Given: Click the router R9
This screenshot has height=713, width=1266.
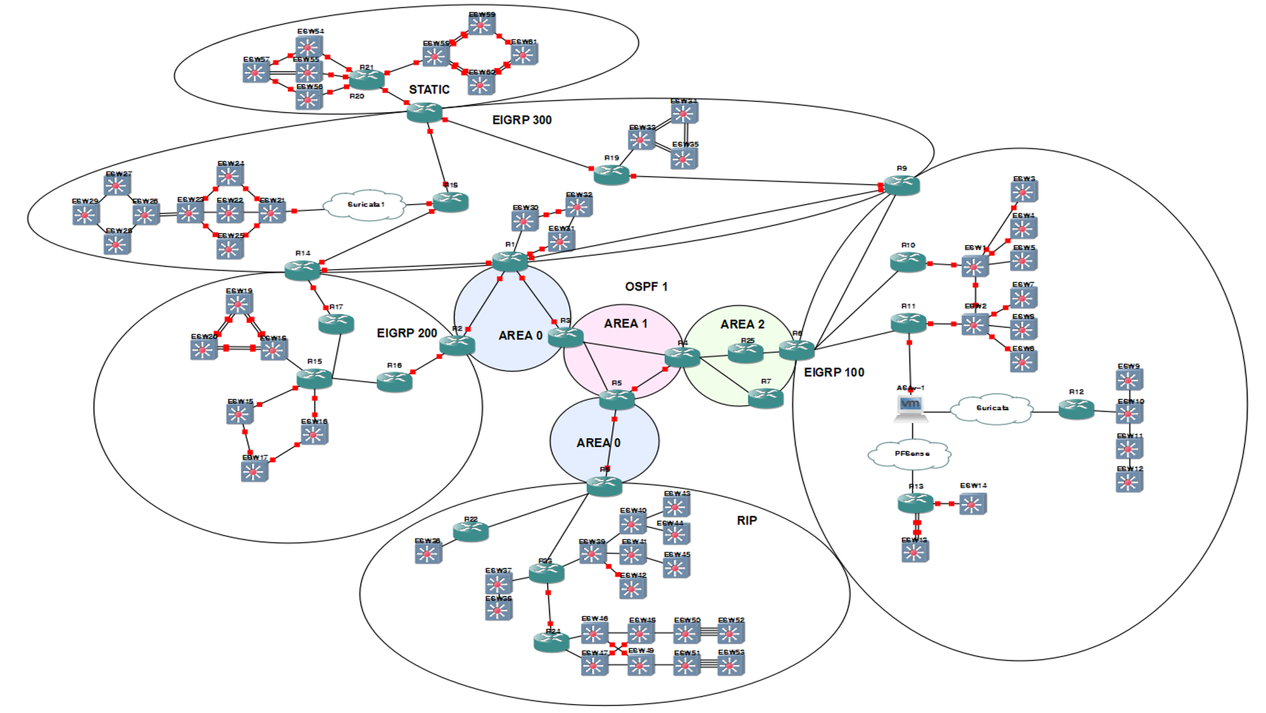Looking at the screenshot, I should tap(901, 185).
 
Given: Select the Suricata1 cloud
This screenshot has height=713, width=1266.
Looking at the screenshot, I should tap(365, 205).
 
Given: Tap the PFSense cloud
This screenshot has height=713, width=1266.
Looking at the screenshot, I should tap(912, 454).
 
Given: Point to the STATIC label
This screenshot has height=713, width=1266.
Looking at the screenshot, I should tap(429, 90).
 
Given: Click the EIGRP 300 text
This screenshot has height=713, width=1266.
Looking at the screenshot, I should tap(522, 120).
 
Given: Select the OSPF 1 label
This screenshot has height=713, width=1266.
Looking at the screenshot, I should tap(646, 287).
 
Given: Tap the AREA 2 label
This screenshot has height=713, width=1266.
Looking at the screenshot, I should tap(742, 324).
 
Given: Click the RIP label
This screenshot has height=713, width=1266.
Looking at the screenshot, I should tap(746, 521).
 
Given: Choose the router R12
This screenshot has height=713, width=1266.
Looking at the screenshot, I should tap(1076, 410).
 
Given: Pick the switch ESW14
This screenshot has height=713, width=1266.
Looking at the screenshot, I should tap(972, 504).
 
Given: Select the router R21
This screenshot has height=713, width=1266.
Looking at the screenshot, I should tap(367, 79).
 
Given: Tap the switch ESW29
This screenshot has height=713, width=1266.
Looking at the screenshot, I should tap(85, 215).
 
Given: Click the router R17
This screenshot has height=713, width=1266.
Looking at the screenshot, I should tap(336, 324).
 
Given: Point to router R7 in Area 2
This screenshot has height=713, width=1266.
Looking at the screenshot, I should tap(766, 398).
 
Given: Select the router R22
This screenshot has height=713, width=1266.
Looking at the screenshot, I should tap(470, 531).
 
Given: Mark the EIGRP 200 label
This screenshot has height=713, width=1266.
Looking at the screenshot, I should tap(406, 333).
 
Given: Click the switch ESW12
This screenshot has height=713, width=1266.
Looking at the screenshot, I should tap(1129, 482).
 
